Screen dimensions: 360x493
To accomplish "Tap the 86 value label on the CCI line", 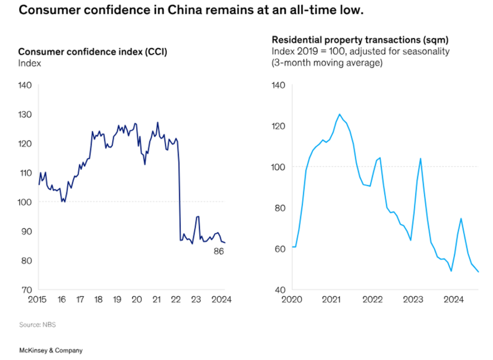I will coord(220,251).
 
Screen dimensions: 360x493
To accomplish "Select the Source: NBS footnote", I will coord(38,325).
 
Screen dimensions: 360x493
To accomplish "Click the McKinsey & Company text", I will coord(44,350).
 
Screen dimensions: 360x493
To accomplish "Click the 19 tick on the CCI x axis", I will coord(117,299).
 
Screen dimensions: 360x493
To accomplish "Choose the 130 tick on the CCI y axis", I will coord(25,115).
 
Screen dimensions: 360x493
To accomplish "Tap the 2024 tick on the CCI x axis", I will coord(222,299).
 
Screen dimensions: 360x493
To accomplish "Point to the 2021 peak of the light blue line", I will coord(339,115).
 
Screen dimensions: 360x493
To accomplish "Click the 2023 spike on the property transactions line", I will coord(421,159).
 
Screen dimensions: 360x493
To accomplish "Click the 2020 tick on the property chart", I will coord(291,299).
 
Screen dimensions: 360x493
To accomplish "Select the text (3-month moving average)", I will coord(327,63).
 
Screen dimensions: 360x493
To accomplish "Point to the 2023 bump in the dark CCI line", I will coord(197,217).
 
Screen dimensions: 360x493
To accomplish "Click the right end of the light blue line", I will coord(479,272).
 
